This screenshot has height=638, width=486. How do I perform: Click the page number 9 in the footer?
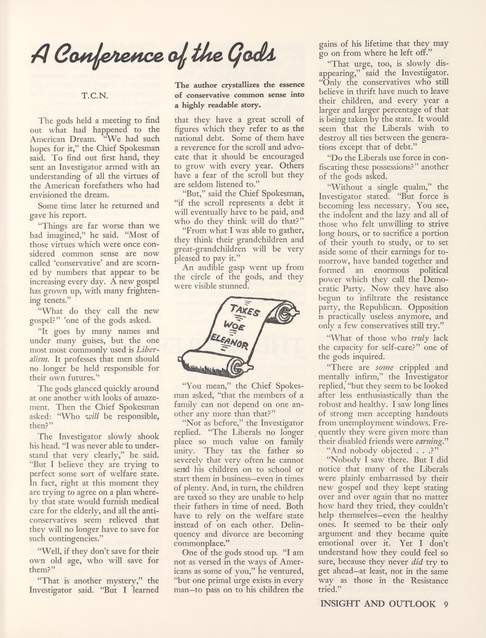[x=445, y=603]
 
